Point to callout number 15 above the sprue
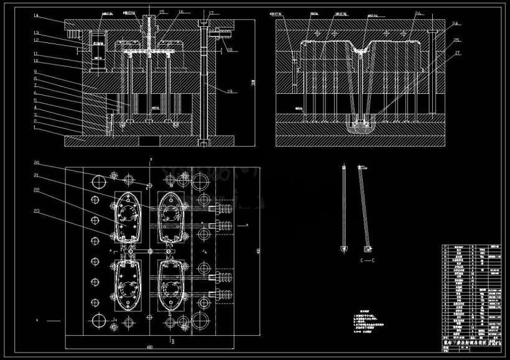(160, 12)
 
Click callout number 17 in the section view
(211, 12)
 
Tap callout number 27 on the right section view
(458, 53)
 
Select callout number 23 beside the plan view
(37, 212)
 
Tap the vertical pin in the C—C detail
(343, 208)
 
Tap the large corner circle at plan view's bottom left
(100, 323)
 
